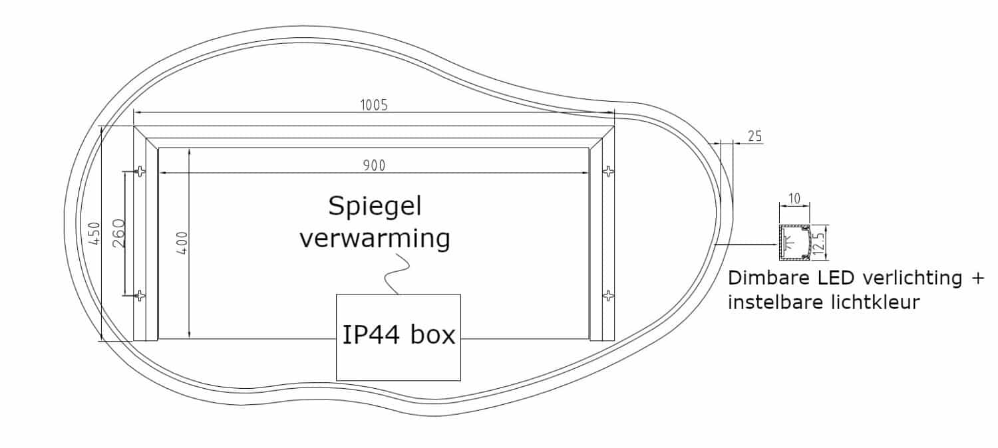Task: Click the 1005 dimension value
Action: coord(373,104)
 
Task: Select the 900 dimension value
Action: coord(374,166)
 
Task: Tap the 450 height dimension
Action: coord(94,234)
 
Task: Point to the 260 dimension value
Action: coord(118,234)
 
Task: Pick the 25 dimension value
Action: coord(754,136)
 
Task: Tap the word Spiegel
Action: coord(375,208)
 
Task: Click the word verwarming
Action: coord(375,237)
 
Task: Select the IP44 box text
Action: coord(399,335)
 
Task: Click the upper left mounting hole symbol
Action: coord(140,171)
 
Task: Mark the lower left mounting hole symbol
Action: coord(140,296)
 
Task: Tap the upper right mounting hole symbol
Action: coord(608,171)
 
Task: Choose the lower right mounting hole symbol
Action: coord(608,296)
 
